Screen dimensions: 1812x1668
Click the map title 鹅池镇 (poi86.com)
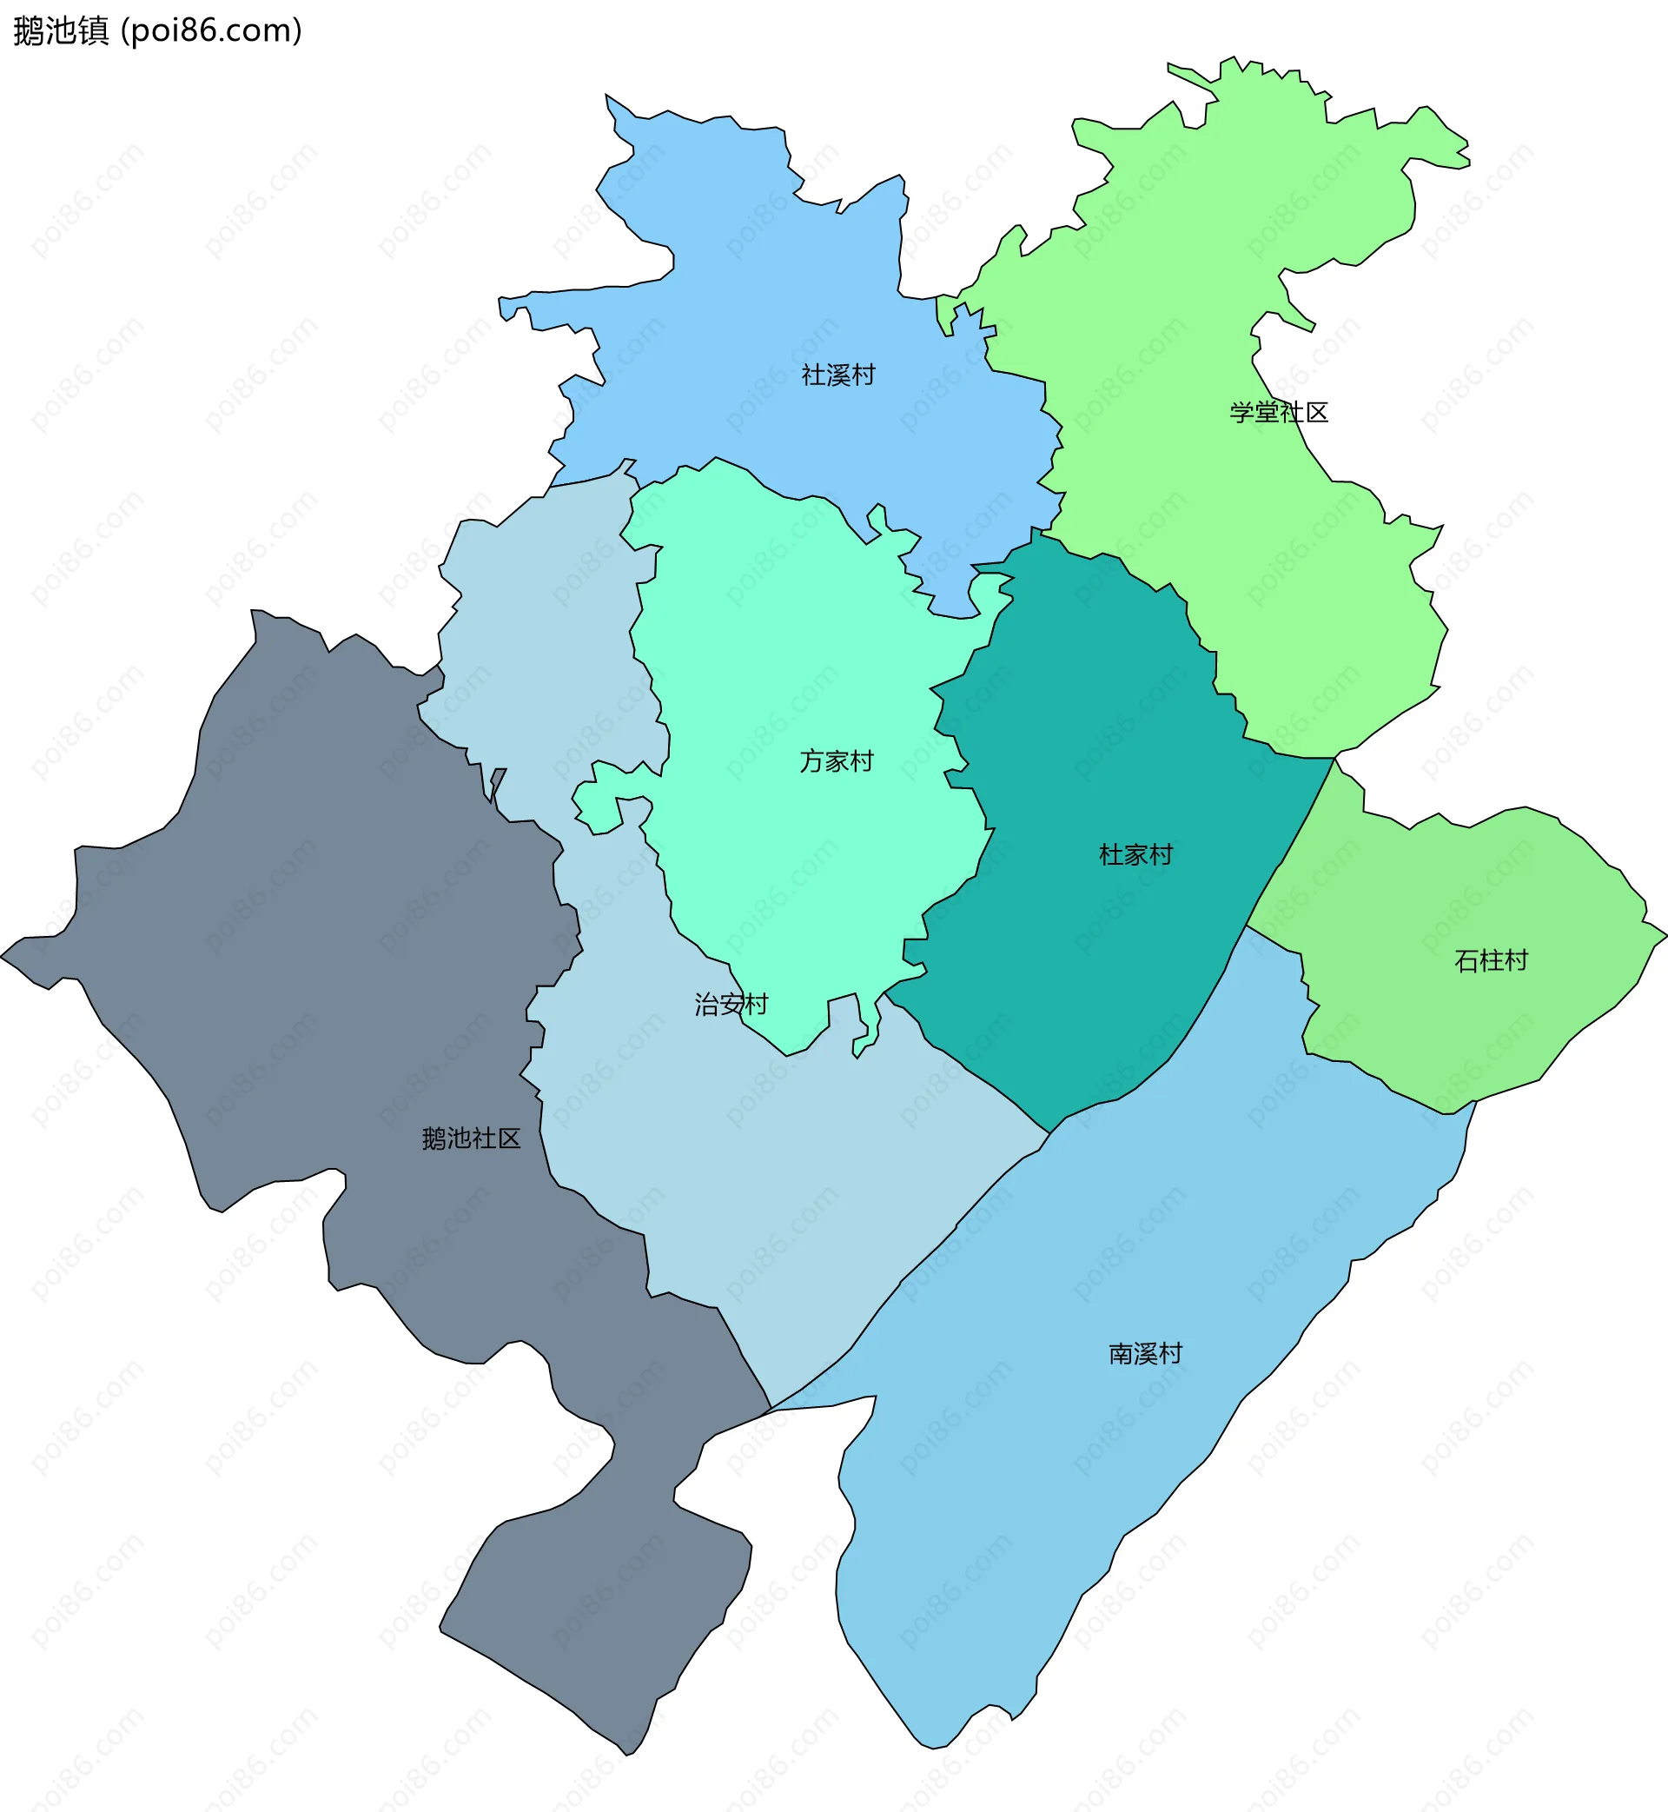coord(157,30)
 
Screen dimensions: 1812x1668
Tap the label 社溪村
coord(837,375)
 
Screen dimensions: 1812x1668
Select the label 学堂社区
coord(1278,413)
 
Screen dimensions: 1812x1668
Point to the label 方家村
coord(836,761)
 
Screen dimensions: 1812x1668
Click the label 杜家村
coord(1135,854)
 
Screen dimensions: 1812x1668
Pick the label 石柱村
coord(1490,960)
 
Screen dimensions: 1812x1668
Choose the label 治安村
coord(731,1004)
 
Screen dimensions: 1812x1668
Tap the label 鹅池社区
coord(471,1138)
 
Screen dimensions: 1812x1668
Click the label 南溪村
coord(1144,1353)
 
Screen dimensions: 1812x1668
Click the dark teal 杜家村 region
coord(1110,948)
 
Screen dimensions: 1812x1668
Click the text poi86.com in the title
coord(212,30)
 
